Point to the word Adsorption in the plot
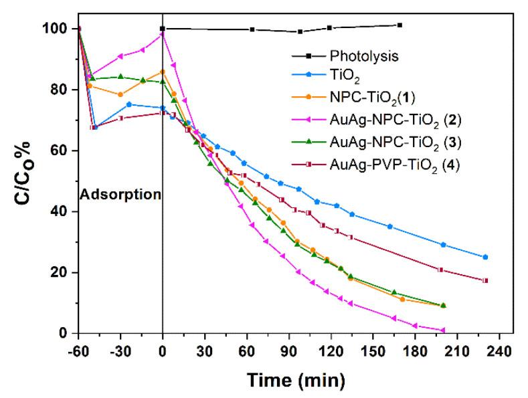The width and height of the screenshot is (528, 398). tap(121, 195)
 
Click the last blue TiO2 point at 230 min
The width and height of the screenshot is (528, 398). tap(485, 257)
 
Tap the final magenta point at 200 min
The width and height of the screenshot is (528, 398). tap(443, 330)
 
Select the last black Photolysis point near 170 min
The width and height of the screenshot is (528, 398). tap(400, 25)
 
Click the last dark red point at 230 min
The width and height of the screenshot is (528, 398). tap(485, 280)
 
